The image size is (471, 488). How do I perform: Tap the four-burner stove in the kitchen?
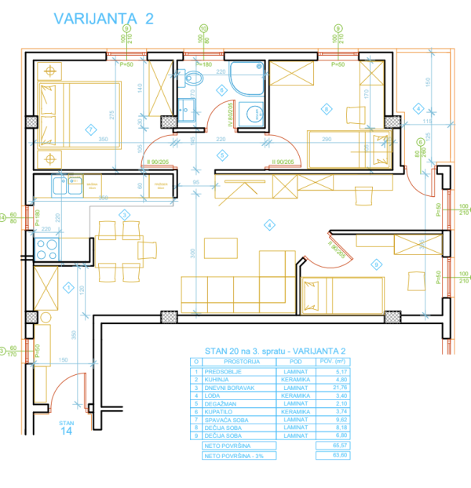pos(45,248)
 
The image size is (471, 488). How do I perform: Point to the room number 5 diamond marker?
pos(222,155)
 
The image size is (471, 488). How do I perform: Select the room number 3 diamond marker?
pos(123,213)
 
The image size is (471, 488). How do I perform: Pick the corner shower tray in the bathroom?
pos(250,78)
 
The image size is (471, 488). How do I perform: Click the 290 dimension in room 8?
pos(326,139)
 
